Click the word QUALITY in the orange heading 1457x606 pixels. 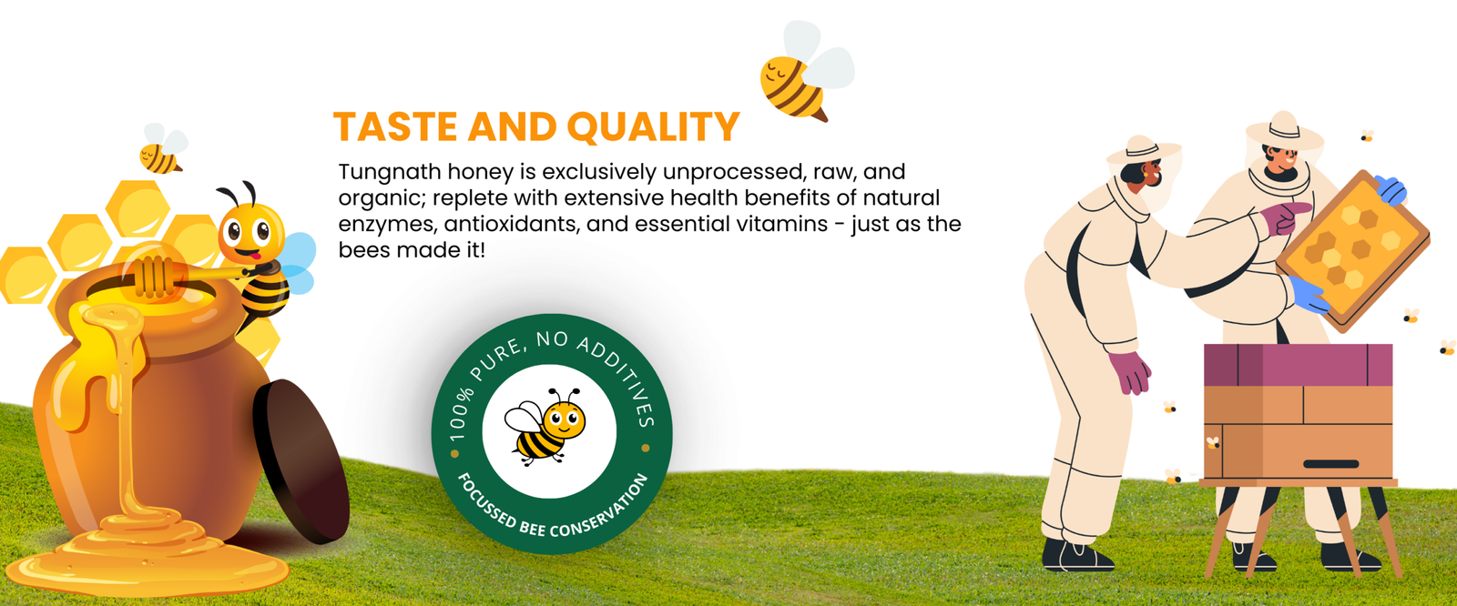653,126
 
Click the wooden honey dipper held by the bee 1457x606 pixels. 188,277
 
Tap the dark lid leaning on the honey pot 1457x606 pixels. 301,460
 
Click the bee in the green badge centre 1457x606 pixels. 545,427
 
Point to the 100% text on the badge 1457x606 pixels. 460,413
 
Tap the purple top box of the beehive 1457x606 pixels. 1299,365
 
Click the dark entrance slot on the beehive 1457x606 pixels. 1330,464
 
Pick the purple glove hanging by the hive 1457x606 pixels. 1130,371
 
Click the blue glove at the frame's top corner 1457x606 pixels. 1391,190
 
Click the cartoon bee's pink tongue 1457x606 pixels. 255,256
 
